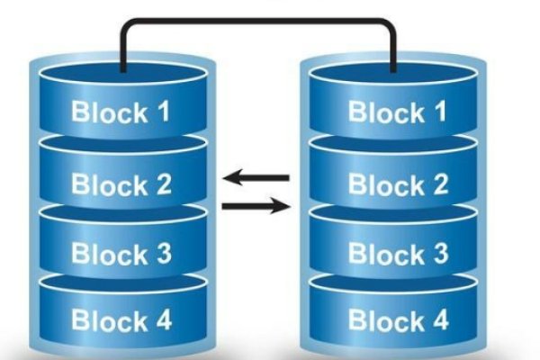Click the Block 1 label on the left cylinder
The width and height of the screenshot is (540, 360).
(x=121, y=113)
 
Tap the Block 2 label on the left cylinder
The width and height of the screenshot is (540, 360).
(x=121, y=184)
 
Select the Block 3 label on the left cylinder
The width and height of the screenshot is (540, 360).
(x=121, y=253)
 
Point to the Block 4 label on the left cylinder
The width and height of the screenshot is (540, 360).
(x=121, y=319)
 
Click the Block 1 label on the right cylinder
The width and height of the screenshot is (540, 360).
(x=397, y=113)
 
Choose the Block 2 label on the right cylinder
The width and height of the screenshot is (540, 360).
(x=397, y=184)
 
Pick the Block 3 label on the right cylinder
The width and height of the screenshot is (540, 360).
(x=397, y=253)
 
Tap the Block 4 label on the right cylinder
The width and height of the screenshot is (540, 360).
(x=397, y=319)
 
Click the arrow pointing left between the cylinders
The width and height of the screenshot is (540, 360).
(x=256, y=176)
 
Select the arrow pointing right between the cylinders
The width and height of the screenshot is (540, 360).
(x=256, y=207)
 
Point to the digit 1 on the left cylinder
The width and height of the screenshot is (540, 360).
(x=164, y=113)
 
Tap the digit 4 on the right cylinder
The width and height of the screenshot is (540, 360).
(x=438, y=319)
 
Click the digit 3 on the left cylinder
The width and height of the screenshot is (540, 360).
(x=163, y=253)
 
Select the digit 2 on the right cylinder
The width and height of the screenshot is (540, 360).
(x=438, y=184)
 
